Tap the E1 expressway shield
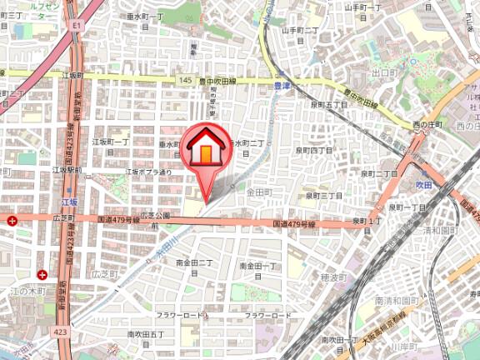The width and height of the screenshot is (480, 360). pyautogui.click(x=76, y=27)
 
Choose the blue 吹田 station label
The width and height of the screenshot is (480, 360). pyautogui.click(x=426, y=182)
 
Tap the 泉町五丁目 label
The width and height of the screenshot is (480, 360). pyautogui.click(x=328, y=105)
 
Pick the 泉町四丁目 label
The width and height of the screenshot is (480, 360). pyautogui.click(x=313, y=151)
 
